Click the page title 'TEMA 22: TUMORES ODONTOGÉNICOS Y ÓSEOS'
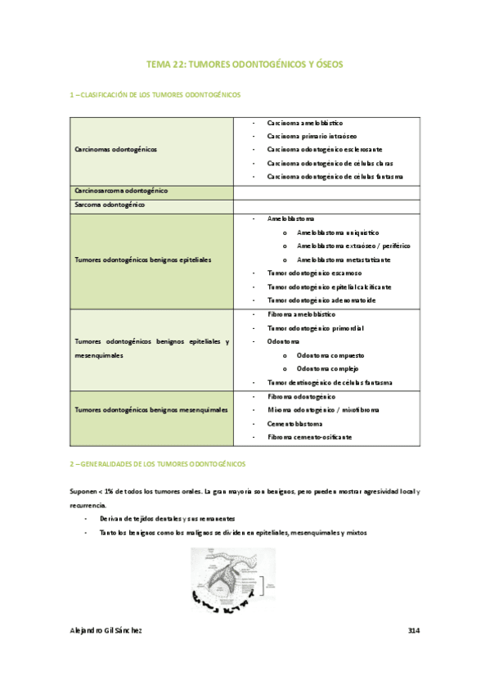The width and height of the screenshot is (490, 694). pos(245,63)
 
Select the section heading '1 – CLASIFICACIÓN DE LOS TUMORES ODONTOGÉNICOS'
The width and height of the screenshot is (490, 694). pos(155,95)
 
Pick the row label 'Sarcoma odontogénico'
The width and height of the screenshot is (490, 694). pos(110,205)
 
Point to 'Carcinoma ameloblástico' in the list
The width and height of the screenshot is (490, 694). pos(304,122)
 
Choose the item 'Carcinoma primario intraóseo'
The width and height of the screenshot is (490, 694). pos(312,136)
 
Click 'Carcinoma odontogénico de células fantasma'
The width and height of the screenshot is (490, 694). pos(335,177)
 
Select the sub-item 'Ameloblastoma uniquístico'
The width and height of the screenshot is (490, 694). pos(338,232)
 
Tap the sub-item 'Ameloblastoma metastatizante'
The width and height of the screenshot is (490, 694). pos(344,259)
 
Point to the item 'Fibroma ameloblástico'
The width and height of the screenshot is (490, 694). pos(301,314)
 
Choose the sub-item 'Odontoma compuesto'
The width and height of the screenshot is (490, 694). pos(330,356)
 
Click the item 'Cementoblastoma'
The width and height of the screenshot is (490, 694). pos(294,424)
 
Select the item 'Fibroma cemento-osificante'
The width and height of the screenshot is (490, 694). pos(309,438)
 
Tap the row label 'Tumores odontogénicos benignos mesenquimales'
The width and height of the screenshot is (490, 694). pos(151,410)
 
